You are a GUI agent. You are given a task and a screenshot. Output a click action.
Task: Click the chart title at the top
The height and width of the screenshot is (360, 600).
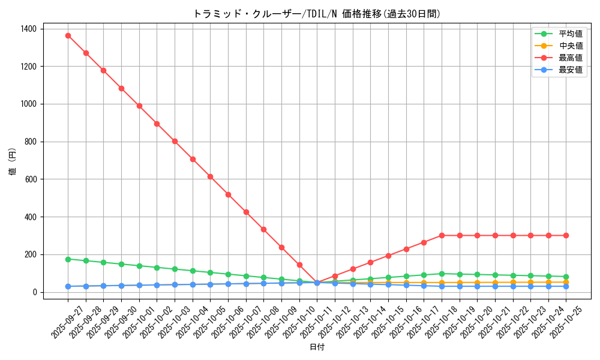317,14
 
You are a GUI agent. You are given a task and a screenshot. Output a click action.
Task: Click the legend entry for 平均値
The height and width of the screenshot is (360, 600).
570,34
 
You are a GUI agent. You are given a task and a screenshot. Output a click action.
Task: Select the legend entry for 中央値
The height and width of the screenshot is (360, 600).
570,46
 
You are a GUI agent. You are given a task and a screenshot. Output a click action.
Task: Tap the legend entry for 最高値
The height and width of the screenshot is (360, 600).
570,58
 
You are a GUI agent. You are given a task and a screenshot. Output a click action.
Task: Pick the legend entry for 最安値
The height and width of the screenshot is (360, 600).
570,70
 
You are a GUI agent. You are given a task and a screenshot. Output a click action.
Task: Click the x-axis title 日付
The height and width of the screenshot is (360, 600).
317,347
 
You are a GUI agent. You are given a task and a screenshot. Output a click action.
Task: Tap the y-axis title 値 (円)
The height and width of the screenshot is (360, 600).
13,162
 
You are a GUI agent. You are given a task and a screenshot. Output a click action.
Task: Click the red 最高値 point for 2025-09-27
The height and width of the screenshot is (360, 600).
68,35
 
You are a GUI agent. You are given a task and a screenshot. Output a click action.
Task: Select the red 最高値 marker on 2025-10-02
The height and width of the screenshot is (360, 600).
157,124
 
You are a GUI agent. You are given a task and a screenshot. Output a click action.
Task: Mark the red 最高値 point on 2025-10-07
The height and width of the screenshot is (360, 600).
246,212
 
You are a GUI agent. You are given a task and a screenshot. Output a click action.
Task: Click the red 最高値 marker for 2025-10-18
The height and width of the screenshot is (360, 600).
442,235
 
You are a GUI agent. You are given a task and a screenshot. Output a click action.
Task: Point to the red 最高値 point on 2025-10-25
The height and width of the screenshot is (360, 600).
566,235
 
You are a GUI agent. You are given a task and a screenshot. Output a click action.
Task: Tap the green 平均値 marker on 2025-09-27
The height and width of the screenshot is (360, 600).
68,259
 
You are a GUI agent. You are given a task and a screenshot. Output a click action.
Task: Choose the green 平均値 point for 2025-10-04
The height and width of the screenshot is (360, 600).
193,271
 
